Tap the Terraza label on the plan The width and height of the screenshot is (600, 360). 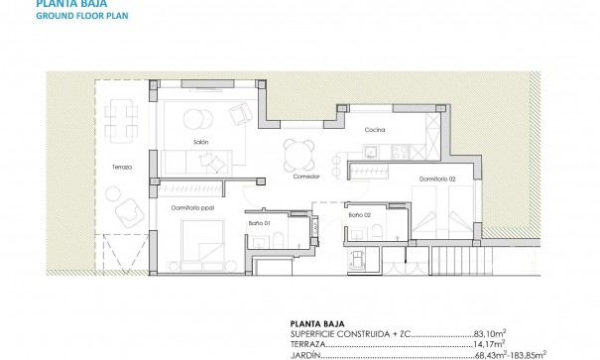point(122,168)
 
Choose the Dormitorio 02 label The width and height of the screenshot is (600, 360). point(435,180)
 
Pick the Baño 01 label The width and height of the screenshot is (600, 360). point(259,235)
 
